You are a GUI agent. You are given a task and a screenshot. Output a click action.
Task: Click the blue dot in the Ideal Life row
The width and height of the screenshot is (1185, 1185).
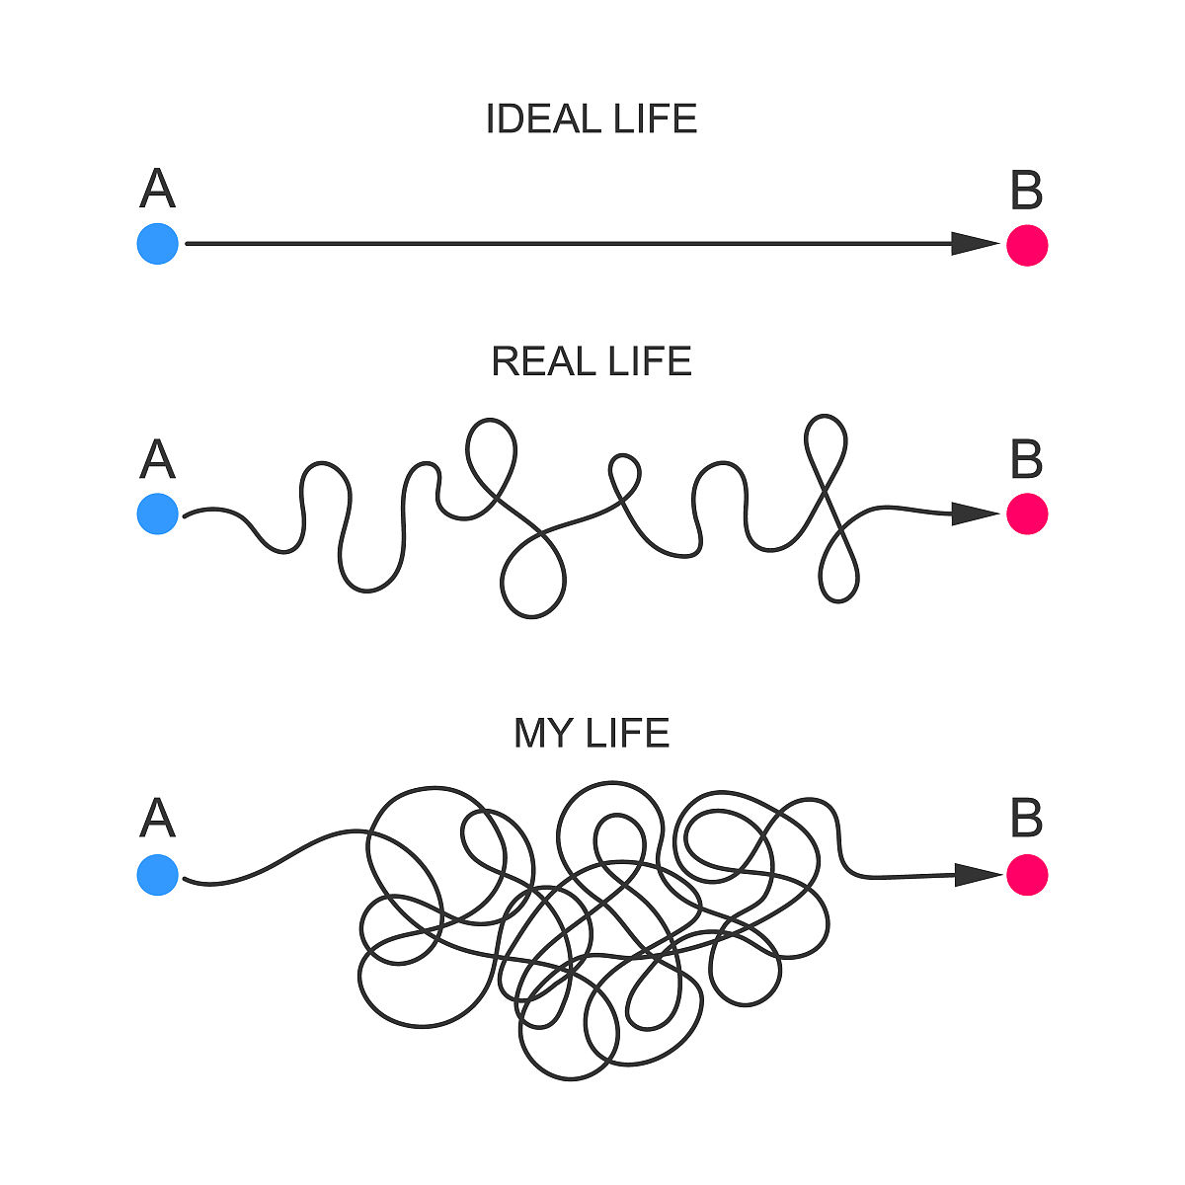click(158, 244)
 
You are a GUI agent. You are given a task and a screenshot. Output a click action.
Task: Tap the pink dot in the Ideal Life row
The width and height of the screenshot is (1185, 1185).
click(1027, 245)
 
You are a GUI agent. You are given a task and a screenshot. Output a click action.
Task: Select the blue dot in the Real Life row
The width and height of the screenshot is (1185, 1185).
click(158, 513)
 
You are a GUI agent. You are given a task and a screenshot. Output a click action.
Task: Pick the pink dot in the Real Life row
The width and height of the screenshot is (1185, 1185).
click(1027, 514)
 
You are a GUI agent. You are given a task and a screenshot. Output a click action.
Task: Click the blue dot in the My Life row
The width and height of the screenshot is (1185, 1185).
click(158, 875)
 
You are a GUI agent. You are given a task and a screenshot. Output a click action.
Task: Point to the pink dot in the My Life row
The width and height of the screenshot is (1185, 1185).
click(1027, 875)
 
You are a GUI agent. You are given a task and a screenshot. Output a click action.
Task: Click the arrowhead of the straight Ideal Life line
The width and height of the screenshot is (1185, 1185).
click(976, 244)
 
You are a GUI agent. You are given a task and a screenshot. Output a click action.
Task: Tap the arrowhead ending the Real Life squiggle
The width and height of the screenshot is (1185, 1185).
click(976, 513)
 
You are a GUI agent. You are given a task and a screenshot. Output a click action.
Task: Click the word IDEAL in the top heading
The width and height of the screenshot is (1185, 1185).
click(543, 119)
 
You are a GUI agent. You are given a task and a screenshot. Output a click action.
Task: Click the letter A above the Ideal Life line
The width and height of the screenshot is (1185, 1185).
click(158, 190)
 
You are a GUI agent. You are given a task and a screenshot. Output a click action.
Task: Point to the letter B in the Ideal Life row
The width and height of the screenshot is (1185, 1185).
click(1027, 192)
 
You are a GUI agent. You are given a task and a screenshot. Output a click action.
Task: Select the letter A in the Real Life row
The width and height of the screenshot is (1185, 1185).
click(158, 460)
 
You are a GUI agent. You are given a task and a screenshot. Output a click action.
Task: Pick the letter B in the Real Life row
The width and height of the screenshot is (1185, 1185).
click(1027, 460)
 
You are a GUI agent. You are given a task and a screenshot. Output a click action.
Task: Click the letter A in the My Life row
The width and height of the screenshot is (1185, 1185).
click(158, 819)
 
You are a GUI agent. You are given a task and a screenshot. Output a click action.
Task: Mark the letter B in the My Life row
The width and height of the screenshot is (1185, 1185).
click(1027, 819)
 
